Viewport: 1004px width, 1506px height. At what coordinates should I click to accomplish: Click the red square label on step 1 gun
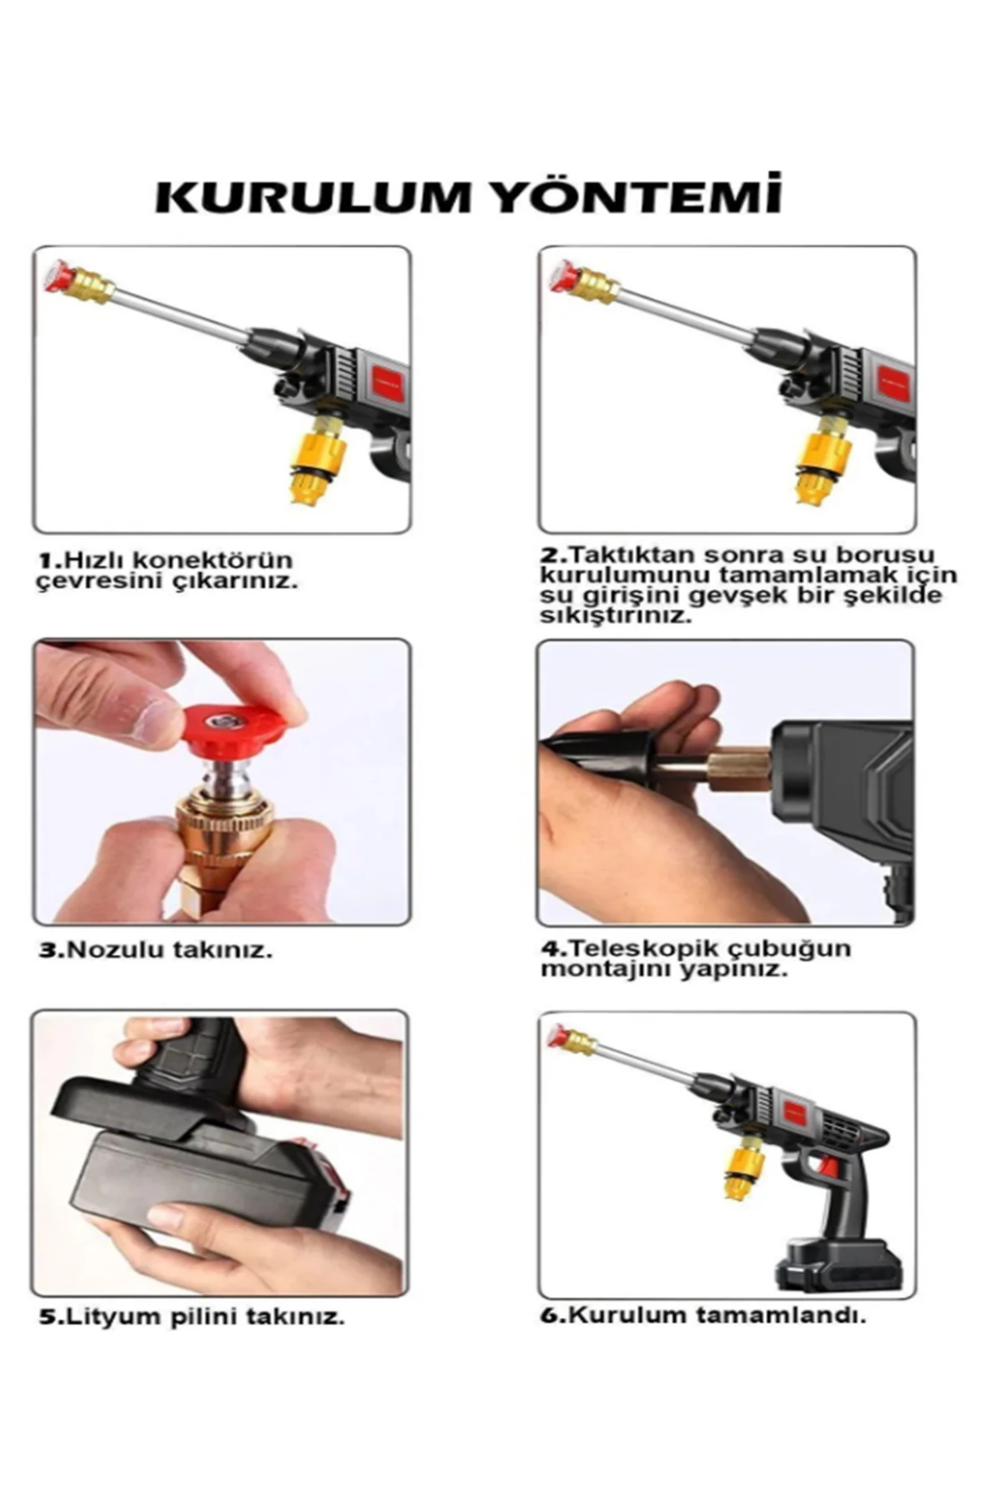[386, 383]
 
